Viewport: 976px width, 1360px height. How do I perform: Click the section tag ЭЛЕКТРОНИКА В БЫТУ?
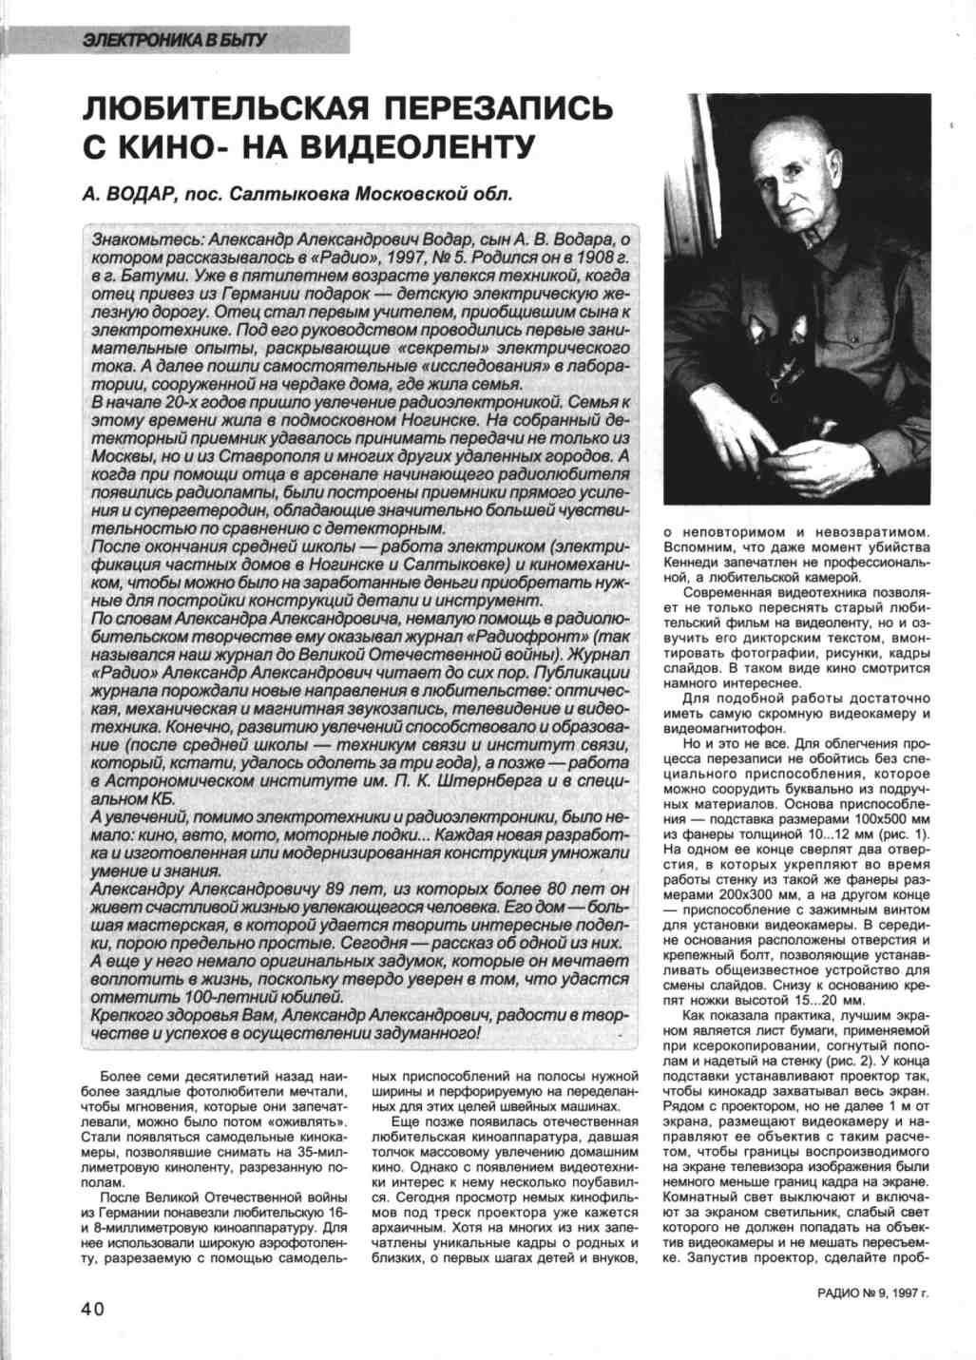tap(175, 41)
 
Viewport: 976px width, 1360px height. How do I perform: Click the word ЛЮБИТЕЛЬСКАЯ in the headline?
tap(229, 106)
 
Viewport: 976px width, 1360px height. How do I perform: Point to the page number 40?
tap(92, 1309)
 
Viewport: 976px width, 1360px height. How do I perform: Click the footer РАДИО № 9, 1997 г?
tap(871, 1293)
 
